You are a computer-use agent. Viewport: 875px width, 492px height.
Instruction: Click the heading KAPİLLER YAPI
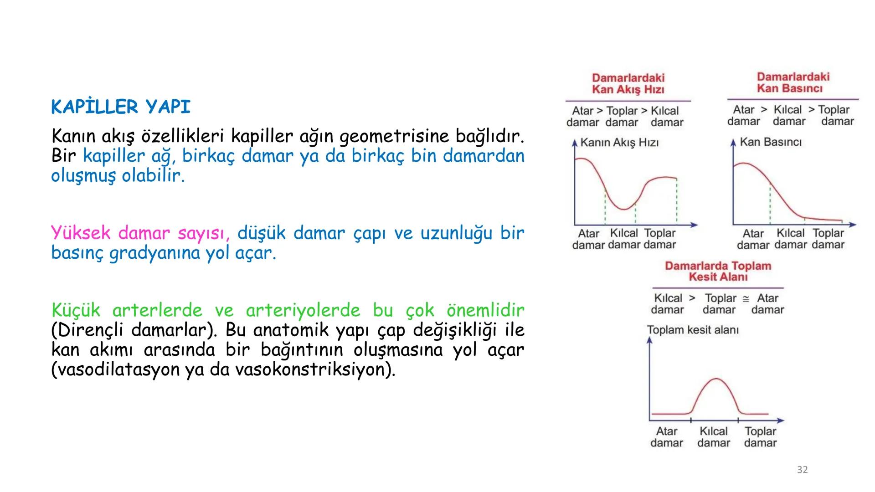click(x=121, y=107)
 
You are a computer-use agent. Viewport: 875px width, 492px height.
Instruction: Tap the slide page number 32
click(x=802, y=470)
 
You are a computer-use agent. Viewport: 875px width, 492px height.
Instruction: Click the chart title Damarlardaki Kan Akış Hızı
click(x=628, y=83)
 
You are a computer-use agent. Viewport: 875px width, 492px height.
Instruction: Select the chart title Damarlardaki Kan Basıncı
click(x=793, y=82)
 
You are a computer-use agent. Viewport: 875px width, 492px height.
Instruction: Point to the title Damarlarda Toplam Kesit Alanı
click(x=718, y=271)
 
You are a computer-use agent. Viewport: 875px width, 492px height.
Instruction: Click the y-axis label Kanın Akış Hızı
click(x=619, y=143)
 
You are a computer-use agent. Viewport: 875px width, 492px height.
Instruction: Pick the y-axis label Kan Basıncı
click(x=771, y=142)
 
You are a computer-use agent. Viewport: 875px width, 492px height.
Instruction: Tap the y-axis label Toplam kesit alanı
click(x=693, y=330)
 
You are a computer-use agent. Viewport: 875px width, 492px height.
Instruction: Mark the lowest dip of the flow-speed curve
click(x=623, y=209)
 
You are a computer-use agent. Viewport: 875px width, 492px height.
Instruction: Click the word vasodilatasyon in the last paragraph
click(x=117, y=369)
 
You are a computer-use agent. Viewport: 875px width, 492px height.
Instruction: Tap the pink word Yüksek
click(x=81, y=233)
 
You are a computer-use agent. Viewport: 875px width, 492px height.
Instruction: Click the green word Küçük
click(x=76, y=310)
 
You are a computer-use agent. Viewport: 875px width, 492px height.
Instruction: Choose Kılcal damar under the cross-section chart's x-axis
click(x=714, y=437)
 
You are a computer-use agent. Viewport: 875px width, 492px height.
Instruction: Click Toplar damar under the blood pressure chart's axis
click(x=828, y=239)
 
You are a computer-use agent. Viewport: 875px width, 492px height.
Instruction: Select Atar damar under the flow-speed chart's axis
click(x=588, y=239)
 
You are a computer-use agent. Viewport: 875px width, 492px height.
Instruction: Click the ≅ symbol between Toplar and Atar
click(x=746, y=299)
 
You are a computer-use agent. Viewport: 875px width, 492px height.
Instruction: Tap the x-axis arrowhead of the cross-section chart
click(x=781, y=420)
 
